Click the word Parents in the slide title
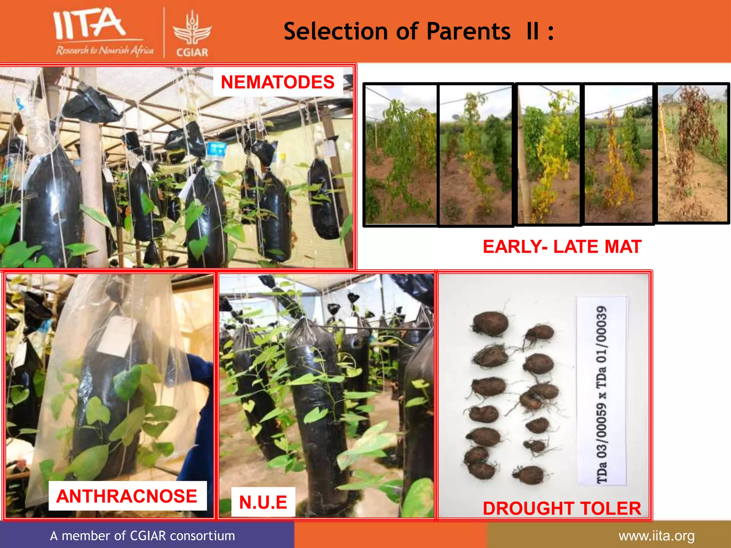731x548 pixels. click(x=468, y=31)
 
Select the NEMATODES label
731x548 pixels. click(x=278, y=82)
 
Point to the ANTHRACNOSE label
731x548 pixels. click(x=127, y=496)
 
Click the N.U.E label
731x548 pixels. click(x=263, y=502)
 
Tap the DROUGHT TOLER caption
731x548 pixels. click(x=562, y=508)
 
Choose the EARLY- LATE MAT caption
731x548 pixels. click(x=562, y=247)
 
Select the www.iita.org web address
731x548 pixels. click(x=656, y=536)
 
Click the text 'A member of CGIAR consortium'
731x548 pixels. click(x=142, y=536)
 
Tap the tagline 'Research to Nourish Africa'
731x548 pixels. click(x=105, y=51)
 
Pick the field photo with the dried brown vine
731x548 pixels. click(x=692, y=153)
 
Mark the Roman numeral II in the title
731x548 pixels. click(x=533, y=31)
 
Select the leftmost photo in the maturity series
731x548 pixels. click(x=400, y=154)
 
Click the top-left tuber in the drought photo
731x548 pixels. click(x=490, y=324)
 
